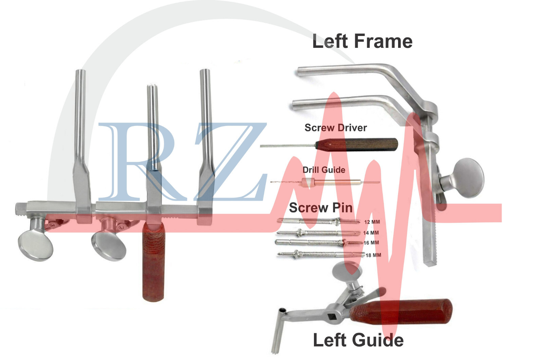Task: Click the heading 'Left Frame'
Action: [362, 41]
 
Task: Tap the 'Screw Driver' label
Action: [336, 128]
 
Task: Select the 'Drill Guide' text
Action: [324, 170]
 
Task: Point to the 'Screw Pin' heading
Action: [321, 208]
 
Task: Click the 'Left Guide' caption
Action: [358, 340]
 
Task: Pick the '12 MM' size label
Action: [372, 222]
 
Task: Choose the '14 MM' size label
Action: [371, 233]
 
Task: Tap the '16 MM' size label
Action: [371, 243]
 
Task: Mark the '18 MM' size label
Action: [373, 255]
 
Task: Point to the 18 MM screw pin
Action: [321, 254]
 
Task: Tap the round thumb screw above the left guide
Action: [347, 271]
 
